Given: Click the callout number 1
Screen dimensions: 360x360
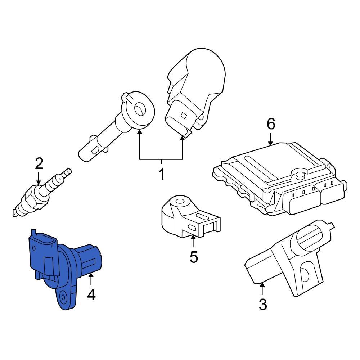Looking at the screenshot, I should pos(162,175).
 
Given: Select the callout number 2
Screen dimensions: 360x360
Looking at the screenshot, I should pos(39,163).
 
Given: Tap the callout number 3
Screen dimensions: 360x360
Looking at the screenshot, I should pos(263,304).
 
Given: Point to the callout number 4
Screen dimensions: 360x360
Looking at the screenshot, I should pos(91,295).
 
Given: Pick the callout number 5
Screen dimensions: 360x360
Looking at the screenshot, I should pos(194,257).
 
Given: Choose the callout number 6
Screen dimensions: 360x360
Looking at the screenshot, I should pos(271,124).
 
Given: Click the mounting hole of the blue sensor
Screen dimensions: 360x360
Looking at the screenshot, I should pos(64,297).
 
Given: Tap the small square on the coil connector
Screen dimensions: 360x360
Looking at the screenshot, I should pos(183,116).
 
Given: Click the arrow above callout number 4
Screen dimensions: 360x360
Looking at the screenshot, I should pos(91,280).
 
